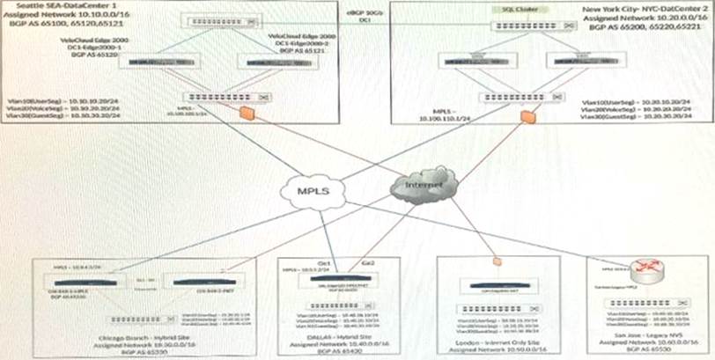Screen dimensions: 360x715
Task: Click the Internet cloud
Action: click(x=420, y=183)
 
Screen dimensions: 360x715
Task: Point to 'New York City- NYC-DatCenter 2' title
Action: click(x=657, y=7)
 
